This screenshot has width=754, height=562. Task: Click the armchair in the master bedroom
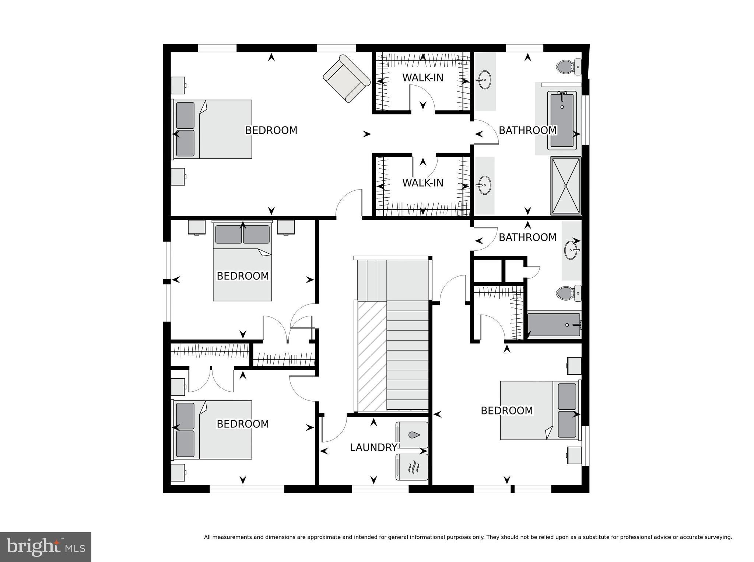347,79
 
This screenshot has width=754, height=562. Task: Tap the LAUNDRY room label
373,447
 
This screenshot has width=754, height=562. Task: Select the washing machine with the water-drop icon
412,435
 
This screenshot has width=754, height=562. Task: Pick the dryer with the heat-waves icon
412,467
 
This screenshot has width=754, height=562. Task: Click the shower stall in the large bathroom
565,186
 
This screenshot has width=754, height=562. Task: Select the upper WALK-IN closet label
422,78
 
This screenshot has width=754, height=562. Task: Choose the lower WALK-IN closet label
422,183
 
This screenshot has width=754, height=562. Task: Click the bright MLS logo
46,547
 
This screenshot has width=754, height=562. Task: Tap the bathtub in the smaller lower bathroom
554,325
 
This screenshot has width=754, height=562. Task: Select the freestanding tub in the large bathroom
562,121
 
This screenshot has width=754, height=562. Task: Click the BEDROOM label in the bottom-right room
506,410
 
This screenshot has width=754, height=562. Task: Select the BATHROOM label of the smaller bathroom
527,237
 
